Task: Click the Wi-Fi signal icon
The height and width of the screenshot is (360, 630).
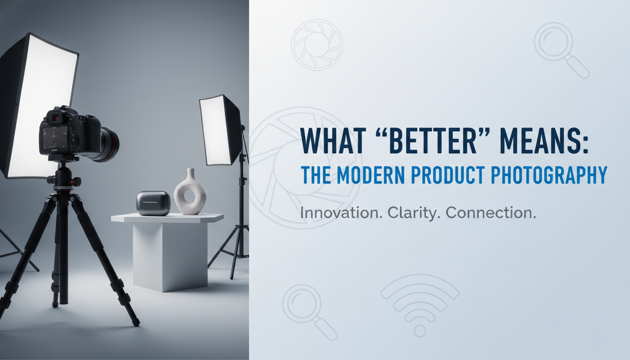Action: pos(420,305)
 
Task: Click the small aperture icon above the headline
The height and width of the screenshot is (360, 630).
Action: pos(317,45)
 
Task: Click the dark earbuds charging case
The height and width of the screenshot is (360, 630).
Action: pos(153,203)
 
